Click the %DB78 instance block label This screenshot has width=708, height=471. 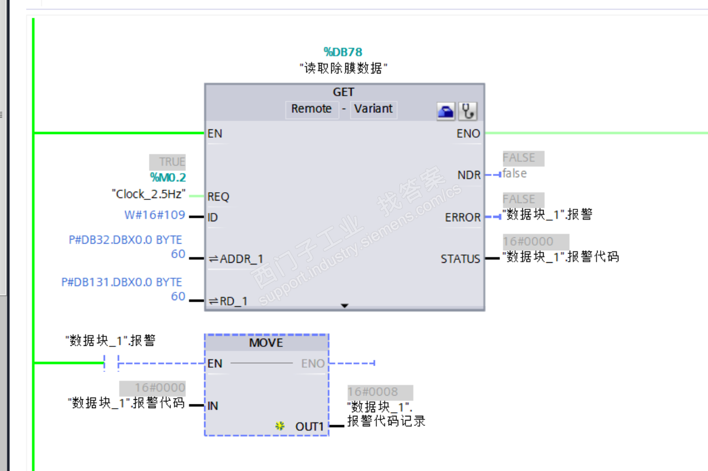point(342,53)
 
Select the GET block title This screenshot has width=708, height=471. point(344,92)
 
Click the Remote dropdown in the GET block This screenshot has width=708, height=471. point(311,109)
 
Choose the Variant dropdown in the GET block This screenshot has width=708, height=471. point(373,109)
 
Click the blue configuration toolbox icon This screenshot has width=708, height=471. point(446,111)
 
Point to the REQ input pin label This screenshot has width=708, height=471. point(218,196)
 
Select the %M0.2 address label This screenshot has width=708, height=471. point(167,177)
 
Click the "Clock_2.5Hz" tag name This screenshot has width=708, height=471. point(149,194)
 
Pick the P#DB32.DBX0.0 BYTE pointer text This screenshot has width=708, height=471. point(125,240)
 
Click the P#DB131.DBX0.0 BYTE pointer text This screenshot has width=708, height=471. point(122,282)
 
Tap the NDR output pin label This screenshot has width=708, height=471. point(469,175)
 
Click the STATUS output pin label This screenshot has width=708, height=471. point(460,259)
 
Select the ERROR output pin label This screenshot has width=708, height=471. point(462,217)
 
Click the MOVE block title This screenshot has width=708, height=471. point(266,343)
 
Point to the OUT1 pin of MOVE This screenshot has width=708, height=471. point(310,427)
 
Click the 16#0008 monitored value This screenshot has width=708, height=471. point(373,392)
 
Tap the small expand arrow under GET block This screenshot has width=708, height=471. point(344,305)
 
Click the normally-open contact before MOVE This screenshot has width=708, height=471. point(111,362)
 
